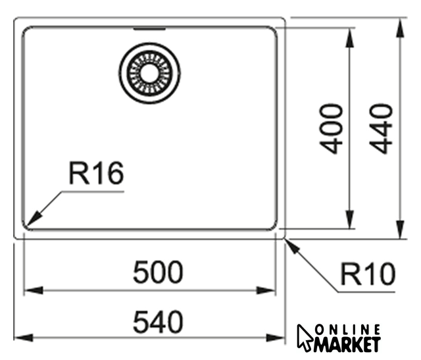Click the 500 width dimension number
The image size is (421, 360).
point(158,272)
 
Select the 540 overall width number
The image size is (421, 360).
point(158,322)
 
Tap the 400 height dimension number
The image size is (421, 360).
point(331,129)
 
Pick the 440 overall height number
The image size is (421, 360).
point(382,128)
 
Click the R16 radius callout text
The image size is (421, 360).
point(97,173)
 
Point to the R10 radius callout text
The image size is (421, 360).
point(368,274)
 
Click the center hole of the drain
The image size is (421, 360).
point(149,73)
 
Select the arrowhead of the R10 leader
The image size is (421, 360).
point(293,247)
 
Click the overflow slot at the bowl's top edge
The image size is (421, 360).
point(149,28)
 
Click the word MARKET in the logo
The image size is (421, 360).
point(347,344)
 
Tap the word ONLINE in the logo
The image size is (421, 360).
point(348,330)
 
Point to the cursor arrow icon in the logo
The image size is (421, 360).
point(304,338)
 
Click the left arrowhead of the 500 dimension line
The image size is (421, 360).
point(34,290)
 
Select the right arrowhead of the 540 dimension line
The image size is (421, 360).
point(275,337)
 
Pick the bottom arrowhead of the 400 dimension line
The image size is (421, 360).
point(349,220)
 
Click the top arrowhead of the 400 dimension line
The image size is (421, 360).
point(349,37)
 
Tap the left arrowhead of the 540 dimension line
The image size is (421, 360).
point(24,338)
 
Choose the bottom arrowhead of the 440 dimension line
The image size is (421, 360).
point(401,229)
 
